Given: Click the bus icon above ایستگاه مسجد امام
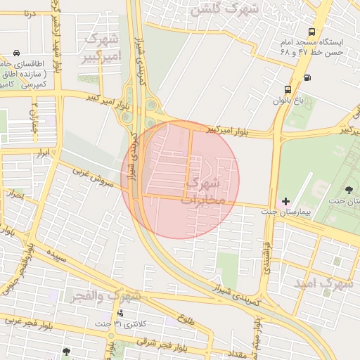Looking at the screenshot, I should [311, 32].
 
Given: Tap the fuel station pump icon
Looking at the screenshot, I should [307, 77].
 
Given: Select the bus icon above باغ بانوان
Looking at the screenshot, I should [288, 89].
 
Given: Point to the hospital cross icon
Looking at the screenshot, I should [285, 201].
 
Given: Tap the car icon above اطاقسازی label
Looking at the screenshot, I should [16, 53].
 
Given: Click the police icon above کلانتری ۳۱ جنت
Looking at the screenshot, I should [121, 314].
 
